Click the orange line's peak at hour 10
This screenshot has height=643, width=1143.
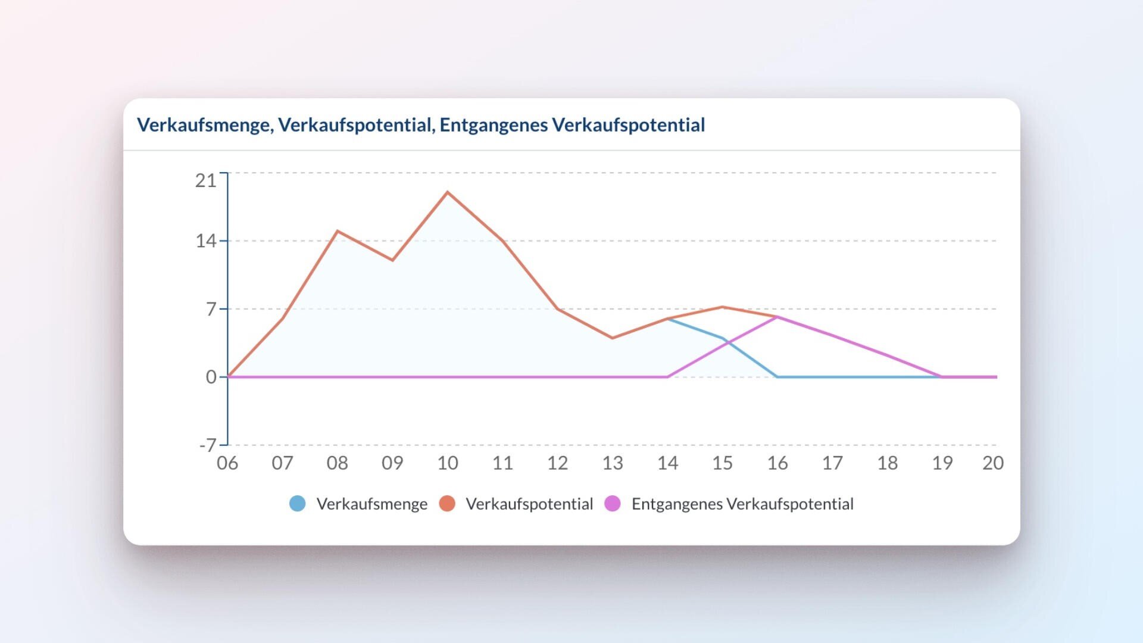[448, 192]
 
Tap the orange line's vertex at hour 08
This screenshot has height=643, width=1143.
[338, 231]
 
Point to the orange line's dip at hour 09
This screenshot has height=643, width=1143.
[392, 260]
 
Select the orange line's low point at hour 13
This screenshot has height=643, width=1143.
[613, 338]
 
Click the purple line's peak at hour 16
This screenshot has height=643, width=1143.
[777, 317]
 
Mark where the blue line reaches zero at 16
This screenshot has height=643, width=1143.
[777, 377]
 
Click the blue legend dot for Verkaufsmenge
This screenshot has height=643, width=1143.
[298, 504]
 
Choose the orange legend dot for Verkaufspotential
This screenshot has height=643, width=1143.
[447, 504]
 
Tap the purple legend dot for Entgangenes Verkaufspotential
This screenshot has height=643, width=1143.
[613, 504]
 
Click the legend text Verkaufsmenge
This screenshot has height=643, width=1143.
[372, 504]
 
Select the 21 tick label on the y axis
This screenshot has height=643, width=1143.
[205, 180]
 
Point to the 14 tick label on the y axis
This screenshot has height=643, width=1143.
[205, 241]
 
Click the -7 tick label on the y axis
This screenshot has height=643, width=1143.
[207, 445]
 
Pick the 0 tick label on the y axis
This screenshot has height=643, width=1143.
[211, 377]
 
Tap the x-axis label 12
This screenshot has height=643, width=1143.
[557, 463]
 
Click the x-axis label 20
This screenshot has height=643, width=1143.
[992, 463]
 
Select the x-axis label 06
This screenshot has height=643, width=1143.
[227, 463]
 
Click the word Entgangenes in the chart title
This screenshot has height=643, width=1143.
[494, 125]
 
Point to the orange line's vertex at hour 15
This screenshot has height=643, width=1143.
[723, 307]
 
